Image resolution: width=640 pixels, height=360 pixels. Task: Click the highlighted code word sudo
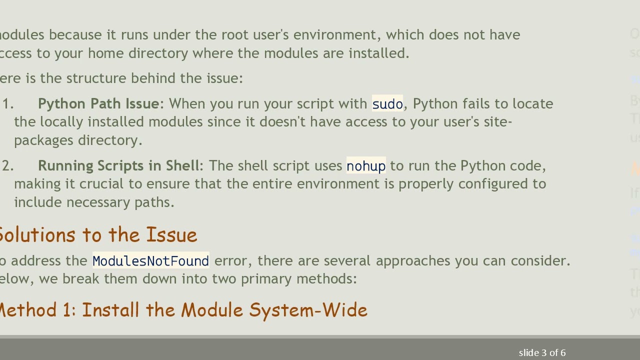[387, 103]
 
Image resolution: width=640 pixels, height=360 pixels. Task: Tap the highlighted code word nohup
[366, 166]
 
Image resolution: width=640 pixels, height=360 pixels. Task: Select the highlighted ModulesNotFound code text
[150, 261]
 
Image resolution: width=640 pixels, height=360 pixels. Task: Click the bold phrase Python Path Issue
[98, 103]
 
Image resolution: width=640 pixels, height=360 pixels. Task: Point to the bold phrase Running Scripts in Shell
[118, 165]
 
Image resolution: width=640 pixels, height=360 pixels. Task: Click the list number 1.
[7, 103]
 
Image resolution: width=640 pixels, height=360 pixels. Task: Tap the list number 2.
[7, 165]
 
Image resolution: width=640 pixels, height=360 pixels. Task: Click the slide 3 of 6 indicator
[542, 353]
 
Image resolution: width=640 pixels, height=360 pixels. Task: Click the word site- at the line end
[497, 121]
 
